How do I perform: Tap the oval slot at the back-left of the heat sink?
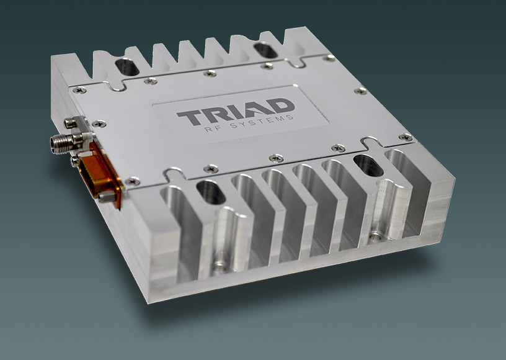pyautogui.click(x=128, y=67)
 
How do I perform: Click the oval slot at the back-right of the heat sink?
pyautogui.click(x=265, y=50)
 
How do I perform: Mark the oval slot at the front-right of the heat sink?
pyautogui.click(x=367, y=167)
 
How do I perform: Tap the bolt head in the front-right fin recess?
pyautogui.click(x=376, y=237)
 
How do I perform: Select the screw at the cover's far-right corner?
pyautogui.click(x=406, y=137)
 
